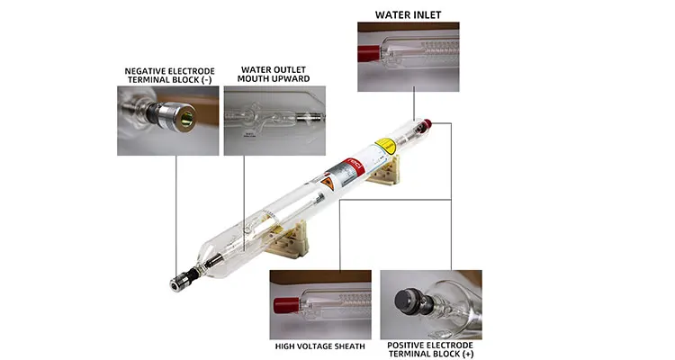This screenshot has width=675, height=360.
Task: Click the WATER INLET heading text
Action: coord(402,14)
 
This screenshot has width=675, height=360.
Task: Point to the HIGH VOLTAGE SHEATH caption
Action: coord(320,346)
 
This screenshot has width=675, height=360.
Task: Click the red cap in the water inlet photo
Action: coord(367,55)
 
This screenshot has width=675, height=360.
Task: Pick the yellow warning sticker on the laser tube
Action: coord(385,145)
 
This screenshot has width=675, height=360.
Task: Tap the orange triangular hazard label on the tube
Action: coord(328,183)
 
